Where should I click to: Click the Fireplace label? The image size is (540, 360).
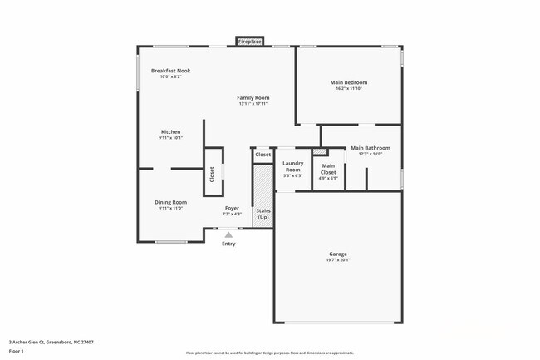(x=250, y=41)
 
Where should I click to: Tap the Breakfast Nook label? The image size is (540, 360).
(x=170, y=71)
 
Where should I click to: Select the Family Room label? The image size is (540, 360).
(x=253, y=97)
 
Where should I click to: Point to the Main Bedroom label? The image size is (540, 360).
(x=349, y=82)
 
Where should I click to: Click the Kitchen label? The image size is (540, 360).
(x=170, y=131)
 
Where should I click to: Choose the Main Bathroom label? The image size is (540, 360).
(x=370, y=148)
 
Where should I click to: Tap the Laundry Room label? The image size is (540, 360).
(x=292, y=166)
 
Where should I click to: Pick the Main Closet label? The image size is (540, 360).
(x=328, y=168)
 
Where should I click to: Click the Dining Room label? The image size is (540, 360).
(x=170, y=202)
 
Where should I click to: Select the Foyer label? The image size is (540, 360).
(x=232, y=208)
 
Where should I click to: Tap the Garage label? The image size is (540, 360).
(x=337, y=254)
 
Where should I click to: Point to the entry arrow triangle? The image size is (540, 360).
(x=228, y=235)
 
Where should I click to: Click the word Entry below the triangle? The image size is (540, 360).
(x=228, y=244)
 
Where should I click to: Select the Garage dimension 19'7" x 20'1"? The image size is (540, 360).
(x=337, y=260)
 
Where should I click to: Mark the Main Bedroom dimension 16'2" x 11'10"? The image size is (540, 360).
(x=349, y=89)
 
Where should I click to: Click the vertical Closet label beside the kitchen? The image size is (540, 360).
(x=212, y=174)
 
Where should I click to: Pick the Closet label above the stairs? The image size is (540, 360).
(x=263, y=155)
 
